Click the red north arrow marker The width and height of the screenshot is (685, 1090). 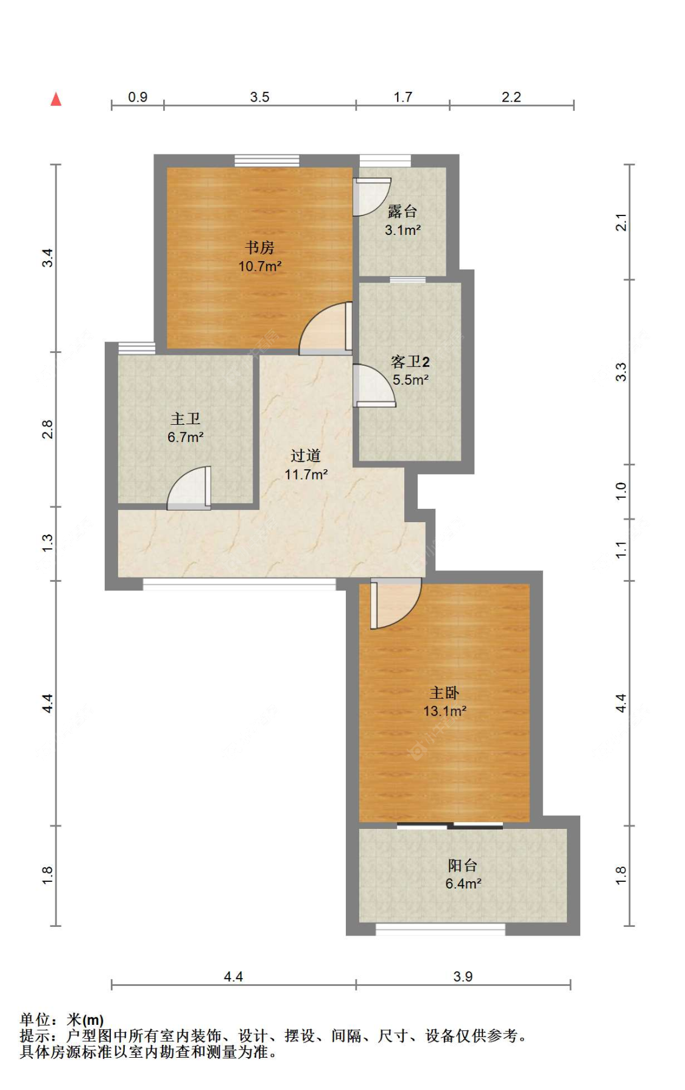[x=56, y=99]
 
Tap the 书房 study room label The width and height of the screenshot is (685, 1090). [x=259, y=248]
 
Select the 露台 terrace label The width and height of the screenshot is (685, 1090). [x=402, y=212]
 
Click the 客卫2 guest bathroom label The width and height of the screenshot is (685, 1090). [x=410, y=362]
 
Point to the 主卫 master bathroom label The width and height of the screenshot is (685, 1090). [x=186, y=419]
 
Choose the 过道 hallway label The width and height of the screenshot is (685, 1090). [x=306, y=456]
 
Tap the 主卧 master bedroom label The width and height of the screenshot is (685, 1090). [x=444, y=693]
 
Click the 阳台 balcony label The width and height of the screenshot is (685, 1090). [x=463, y=865]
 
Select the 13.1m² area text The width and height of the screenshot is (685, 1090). [x=445, y=711]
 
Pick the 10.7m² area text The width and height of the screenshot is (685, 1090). [x=260, y=266]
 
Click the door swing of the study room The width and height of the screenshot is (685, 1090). [x=325, y=328]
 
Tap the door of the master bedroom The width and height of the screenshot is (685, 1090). [x=395, y=604]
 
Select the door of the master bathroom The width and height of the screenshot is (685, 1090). [x=189, y=488]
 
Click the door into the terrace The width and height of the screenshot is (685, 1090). [x=372, y=197]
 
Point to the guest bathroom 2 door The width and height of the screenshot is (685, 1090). [x=374, y=385]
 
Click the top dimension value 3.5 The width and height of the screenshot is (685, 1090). [x=259, y=97]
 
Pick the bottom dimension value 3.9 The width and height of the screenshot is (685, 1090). [x=463, y=977]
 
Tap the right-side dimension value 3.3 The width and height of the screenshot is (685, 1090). [x=620, y=372]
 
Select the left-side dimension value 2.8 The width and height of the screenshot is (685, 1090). [x=47, y=429]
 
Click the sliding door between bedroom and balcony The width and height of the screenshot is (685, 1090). [x=450, y=826]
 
